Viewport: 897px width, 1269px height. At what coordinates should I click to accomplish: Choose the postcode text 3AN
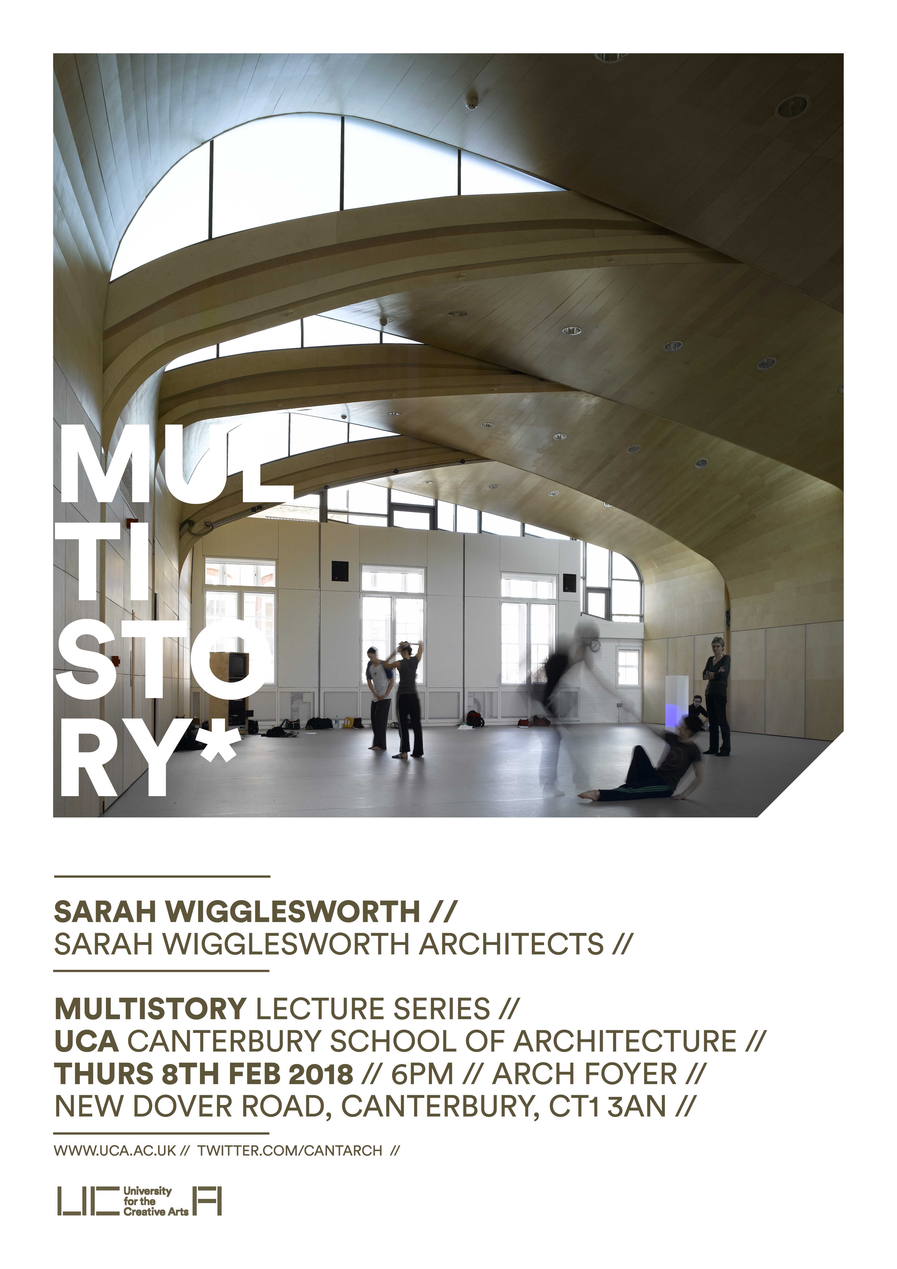coord(637,1106)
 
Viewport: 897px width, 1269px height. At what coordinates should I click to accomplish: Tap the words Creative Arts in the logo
coord(156,1211)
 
